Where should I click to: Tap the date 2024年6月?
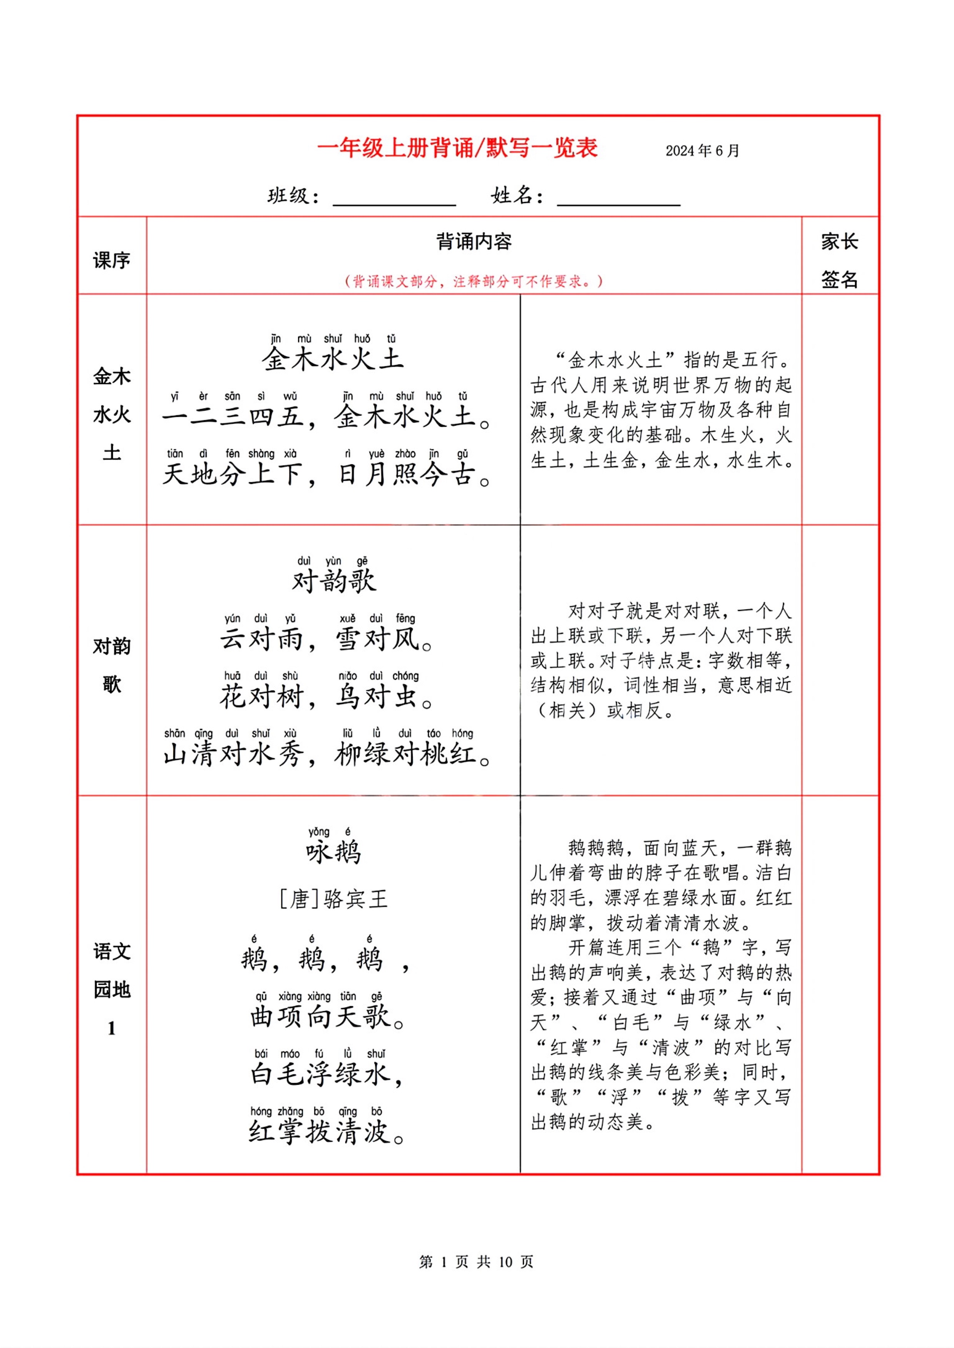coord(702,151)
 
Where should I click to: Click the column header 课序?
coord(112,260)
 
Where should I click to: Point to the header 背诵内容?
coord(474,242)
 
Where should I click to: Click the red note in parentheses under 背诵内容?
coord(474,282)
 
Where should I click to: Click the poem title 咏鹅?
coord(333,852)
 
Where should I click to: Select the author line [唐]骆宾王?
coord(333,899)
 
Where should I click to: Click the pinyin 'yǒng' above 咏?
coord(319,832)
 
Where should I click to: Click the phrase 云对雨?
coord(262,639)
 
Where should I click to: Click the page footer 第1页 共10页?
coord(476,1261)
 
